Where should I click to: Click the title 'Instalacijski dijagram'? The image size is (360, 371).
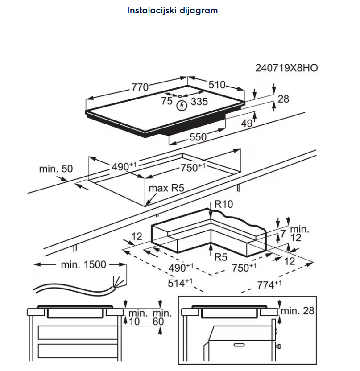pyautogui.click(x=172, y=11)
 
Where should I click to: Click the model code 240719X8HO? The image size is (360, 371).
pyautogui.click(x=286, y=68)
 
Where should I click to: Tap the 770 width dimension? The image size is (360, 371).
pyautogui.click(x=140, y=87)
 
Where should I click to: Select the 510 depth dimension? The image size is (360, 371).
pyautogui.click(x=217, y=85)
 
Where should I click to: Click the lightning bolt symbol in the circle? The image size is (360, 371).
pyautogui.click(x=182, y=106)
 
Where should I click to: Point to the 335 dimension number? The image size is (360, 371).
pyautogui.click(x=199, y=102)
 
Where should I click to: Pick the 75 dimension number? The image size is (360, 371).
pyautogui.click(x=167, y=101)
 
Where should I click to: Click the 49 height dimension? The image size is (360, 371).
pyautogui.click(x=247, y=123)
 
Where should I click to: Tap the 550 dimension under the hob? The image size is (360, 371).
pyautogui.click(x=198, y=137)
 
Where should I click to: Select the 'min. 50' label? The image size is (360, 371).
pyautogui.click(x=56, y=169)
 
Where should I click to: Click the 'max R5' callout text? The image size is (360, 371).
pyautogui.click(x=166, y=188)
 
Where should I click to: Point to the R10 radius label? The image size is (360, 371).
pyautogui.click(x=223, y=204)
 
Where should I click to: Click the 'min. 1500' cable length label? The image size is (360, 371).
pyautogui.click(x=83, y=264)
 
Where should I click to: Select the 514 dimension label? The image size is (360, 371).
pyautogui.click(x=180, y=283)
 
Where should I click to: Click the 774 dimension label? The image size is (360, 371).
pyautogui.click(x=269, y=284)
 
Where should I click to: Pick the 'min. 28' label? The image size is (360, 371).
pyautogui.click(x=298, y=311)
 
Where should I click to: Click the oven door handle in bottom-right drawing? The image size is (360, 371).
pyautogui.click(x=239, y=345)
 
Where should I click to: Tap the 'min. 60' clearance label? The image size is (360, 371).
pyautogui.click(x=162, y=317)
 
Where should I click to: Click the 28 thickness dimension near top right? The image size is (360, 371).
pyautogui.click(x=283, y=99)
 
